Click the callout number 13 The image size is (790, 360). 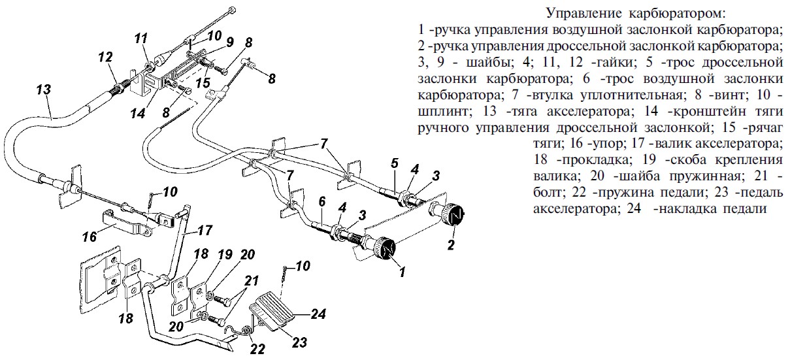(x=44, y=90)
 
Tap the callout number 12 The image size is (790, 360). (x=105, y=57)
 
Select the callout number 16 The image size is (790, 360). (x=90, y=237)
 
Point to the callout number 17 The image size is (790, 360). (x=205, y=230)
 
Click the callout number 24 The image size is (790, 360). (x=318, y=314)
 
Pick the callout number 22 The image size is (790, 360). (x=257, y=349)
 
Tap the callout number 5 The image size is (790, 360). (x=395, y=163)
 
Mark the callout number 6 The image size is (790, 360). (x=321, y=201)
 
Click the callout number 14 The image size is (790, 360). (x=137, y=114)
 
